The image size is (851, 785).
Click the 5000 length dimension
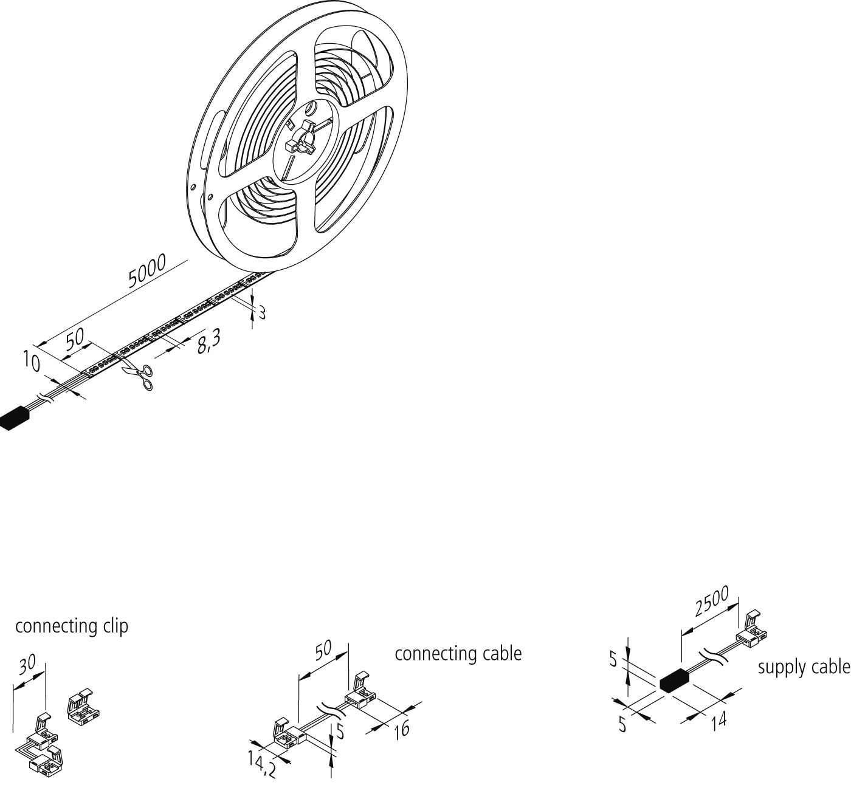coord(147,271)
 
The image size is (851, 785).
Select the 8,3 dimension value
coord(209,342)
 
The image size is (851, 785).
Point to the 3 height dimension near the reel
coord(262,313)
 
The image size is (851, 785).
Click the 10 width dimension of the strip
coord(32,361)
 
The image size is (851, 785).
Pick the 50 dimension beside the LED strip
coord(75,338)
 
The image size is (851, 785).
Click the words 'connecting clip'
coord(72,626)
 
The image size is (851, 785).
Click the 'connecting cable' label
coord(458,653)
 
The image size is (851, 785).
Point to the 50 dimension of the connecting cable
coord(323,651)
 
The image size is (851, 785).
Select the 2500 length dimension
coord(712,602)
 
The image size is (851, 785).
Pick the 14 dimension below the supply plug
coord(719,721)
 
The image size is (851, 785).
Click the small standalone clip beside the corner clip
coord(83,708)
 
